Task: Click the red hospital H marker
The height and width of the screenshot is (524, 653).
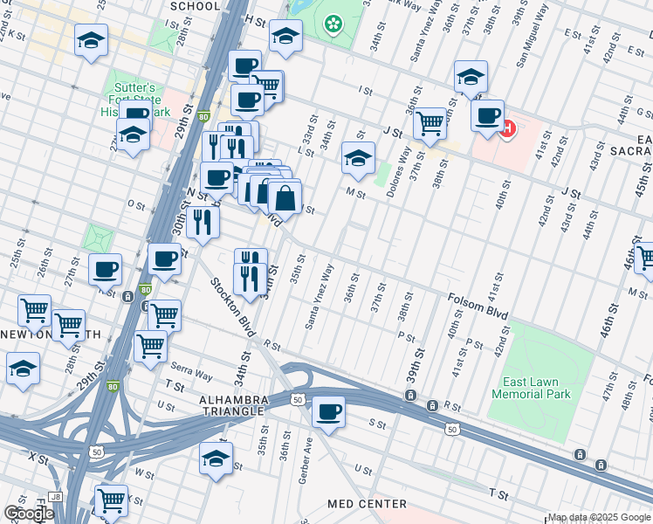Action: click(x=508, y=129)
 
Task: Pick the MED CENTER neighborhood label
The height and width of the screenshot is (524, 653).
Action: click(x=367, y=504)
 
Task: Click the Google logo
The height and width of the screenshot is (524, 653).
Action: click(x=28, y=514)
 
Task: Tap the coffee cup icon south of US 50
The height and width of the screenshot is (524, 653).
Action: click(x=328, y=411)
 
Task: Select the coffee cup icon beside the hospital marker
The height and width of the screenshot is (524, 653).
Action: click(x=487, y=114)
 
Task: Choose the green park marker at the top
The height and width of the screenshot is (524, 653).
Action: click(x=333, y=24)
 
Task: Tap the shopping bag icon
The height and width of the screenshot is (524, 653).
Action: click(x=285, y=198)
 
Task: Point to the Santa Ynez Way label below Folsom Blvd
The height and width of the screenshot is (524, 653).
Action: click(x=320, y=297)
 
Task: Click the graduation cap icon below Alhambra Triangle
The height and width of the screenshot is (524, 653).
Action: click(x=216, y=457)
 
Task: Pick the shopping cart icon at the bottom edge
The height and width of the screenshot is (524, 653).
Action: click(x=111, y=500)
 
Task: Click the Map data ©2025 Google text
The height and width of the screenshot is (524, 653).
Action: click(x=599, y=517)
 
